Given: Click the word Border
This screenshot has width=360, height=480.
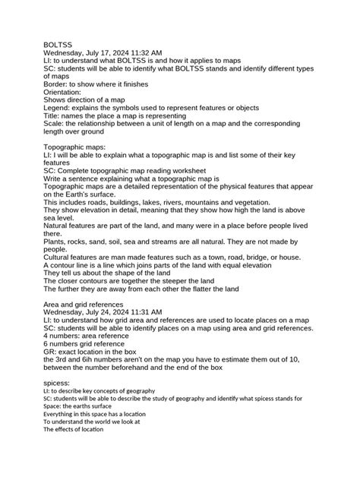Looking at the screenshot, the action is pyautogui.click(x=57, y=84).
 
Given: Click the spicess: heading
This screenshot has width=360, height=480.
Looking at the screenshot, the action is pyautogui.click(x=57, y=384).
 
